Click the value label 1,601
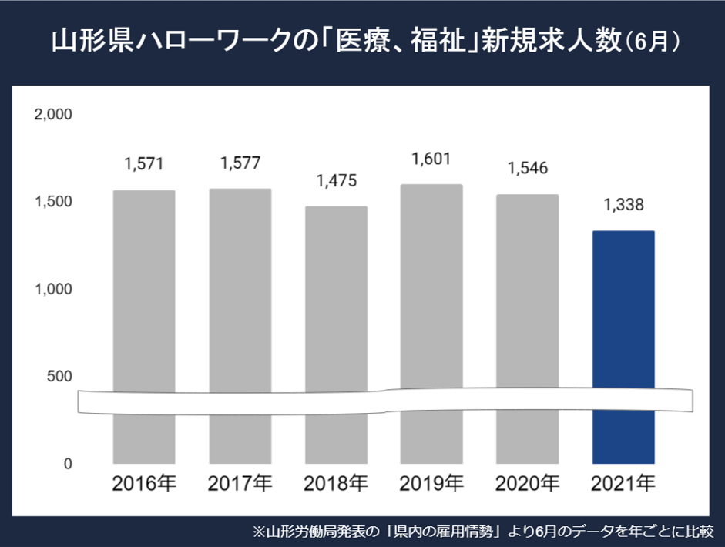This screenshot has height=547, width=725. [x=431, y=159]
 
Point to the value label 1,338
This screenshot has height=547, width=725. [x=623, y=206]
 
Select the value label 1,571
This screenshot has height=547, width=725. [x=144, y=164]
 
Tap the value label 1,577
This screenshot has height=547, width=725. [x=240, y=163]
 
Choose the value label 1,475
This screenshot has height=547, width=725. [x=336, y=182]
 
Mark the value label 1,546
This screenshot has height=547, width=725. [x=527, y=169]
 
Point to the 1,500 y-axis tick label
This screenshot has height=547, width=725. [x=53, y=202]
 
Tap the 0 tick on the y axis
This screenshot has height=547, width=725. [x=68, y=465]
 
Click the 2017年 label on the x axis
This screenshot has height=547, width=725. [x=240, y=485]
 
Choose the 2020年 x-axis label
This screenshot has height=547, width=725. [x=527, y=485]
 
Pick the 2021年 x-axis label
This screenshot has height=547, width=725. [x=623, y=485]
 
